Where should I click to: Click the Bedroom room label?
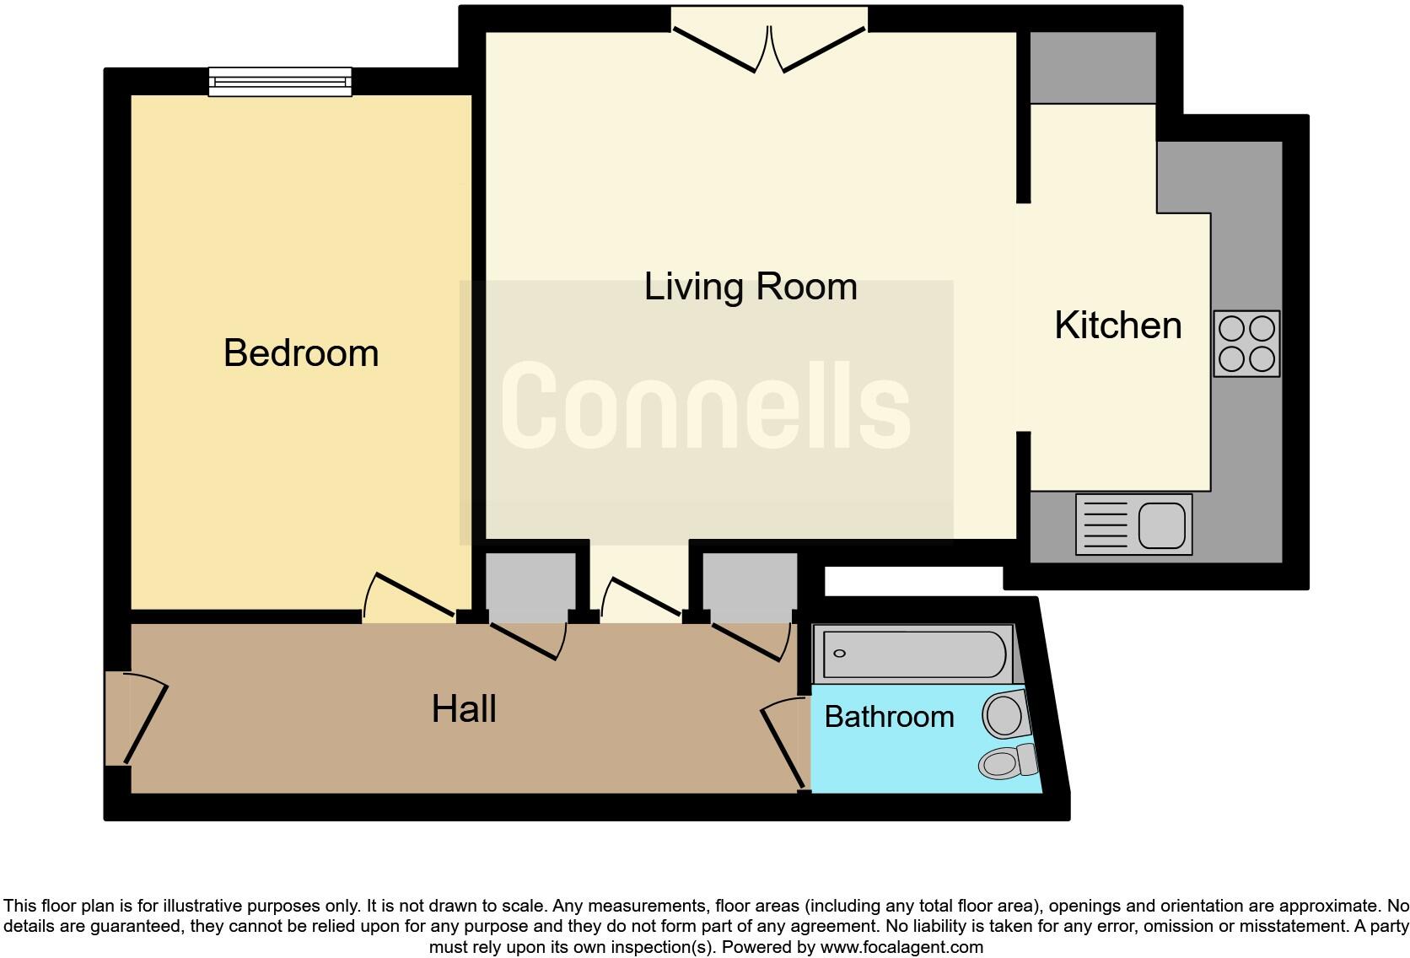tap(301, 353)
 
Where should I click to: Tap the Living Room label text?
tap(751, 287)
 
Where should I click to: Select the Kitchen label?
tap(1117, 326)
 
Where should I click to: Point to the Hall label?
tap(464, 709)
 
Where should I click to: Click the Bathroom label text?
tap(889, 717)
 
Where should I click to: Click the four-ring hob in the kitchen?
tap(1246, 343)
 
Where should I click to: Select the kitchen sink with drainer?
tap(1133, 525)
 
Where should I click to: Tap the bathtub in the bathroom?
tap(913, 654)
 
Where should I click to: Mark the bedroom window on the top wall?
tap(280, 82)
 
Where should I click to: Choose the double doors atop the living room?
tap(769, 46)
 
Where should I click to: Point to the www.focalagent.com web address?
tap(901, 947)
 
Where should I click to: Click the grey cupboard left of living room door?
tap(530, 586)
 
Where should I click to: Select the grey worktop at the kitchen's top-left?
tap(1093, 68)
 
